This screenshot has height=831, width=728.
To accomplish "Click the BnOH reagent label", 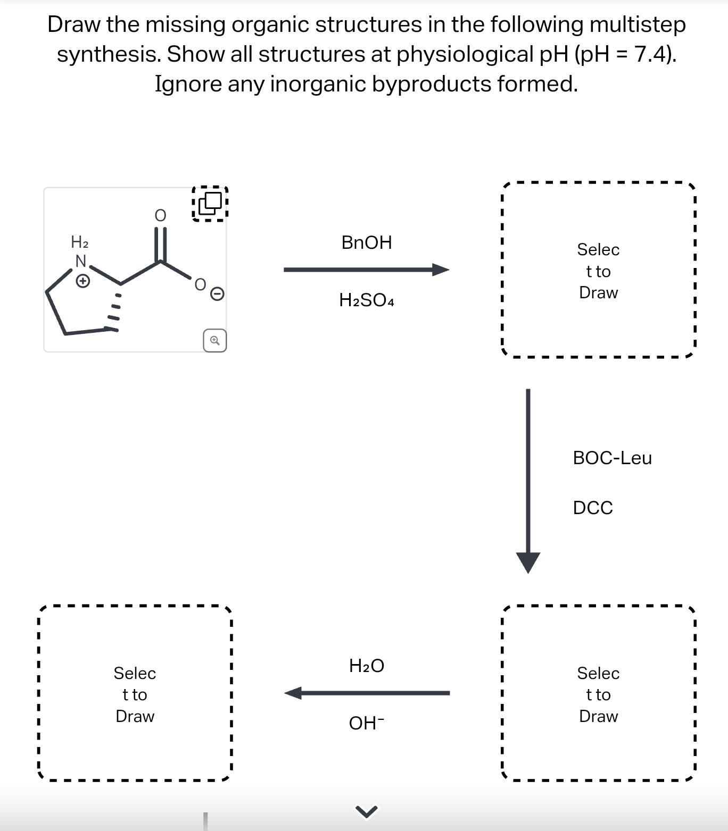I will pyautogui.click(x=367, y=242).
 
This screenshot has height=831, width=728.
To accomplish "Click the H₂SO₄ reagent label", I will pyautogui.click(x=367, y=300).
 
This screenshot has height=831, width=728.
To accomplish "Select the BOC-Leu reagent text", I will pyautogui.click(x=612, y=458).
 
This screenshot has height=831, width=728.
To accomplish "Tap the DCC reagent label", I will pyautogui.click(x=593, y=508).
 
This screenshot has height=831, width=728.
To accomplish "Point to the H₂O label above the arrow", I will pyautogui.click(x=367, y=666).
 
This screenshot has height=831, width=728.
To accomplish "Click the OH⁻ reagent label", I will pyautogui.click(x=367, y=723).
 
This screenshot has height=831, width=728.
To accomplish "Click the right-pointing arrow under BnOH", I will pyautogui.click(x=366, y=270).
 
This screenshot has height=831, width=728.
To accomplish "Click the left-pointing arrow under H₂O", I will pyautogui.click(x=367, y=693).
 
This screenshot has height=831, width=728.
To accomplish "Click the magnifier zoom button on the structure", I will pyautogui.click(x=214, y=340).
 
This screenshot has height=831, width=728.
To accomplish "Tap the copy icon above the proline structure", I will pyautogui.click(x=210, y=203).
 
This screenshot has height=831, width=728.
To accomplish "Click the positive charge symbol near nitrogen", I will pyautogui.click(x=82, y=281).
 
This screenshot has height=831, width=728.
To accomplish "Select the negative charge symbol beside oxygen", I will pyautogui.click(x=217, y=293).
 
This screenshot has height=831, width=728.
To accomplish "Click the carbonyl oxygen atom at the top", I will pyautogui.click(x=160, y=215).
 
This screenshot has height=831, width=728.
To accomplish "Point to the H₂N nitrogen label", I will pyautogui.click(x=80, y=261).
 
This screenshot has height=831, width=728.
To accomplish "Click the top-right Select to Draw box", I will pyautogui.click(x=598, y=270).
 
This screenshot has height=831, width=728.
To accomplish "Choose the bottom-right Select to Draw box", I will pyautogui.click(x=598, y=694).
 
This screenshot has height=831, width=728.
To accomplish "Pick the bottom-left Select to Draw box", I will pyautogui.click(x=135, y=694).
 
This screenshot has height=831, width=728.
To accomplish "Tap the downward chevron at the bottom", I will pyautogui.click(x=366, y=811).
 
